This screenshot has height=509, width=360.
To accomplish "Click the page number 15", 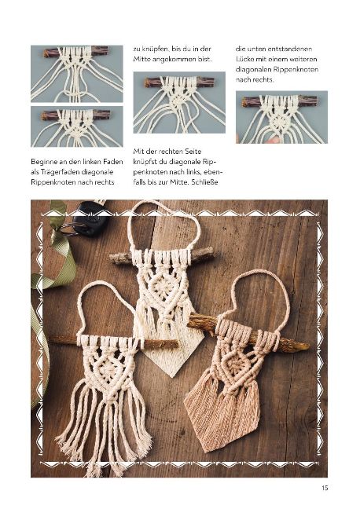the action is tap(325, 488).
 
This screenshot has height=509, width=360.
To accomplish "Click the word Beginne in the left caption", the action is tap(44, 162).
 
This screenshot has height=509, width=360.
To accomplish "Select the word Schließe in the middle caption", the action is tap(204, 181).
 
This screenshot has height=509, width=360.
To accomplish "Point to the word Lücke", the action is tap(244, 59).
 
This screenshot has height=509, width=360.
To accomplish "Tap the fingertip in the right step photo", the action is tap(275, 140).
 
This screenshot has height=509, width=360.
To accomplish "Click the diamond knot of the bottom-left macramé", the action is tap(111, 369).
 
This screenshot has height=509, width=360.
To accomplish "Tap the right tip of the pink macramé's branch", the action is tap(309, 347).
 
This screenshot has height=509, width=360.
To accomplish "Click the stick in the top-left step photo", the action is tap(76, 51).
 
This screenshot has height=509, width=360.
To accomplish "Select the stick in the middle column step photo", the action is tap(179, 82).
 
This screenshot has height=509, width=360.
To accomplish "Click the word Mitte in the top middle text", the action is tap(141, 59).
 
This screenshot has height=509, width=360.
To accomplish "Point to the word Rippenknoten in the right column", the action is tap(296, 69).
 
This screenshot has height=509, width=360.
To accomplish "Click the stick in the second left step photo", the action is tap(75, 115).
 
